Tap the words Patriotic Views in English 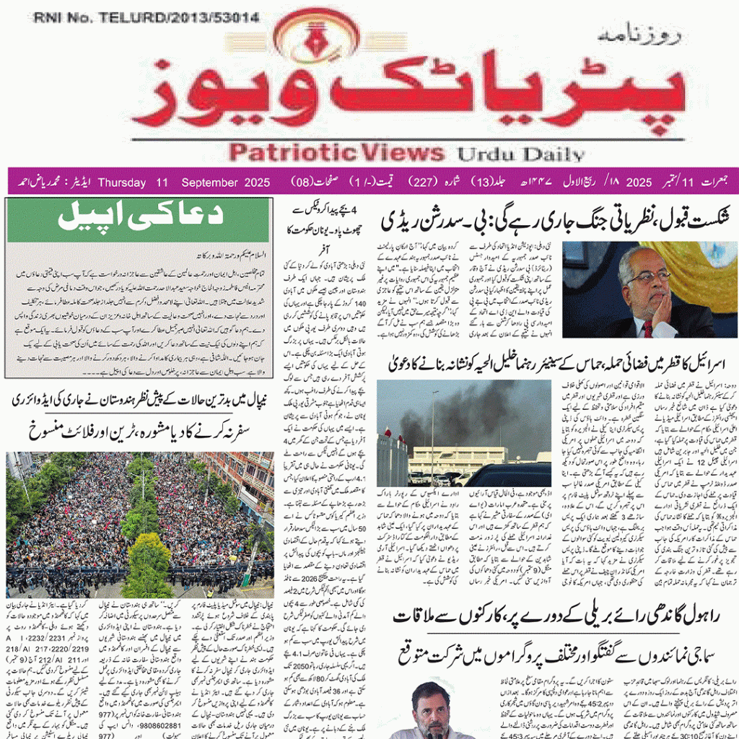pos(336,152)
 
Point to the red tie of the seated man pos(648,328)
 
